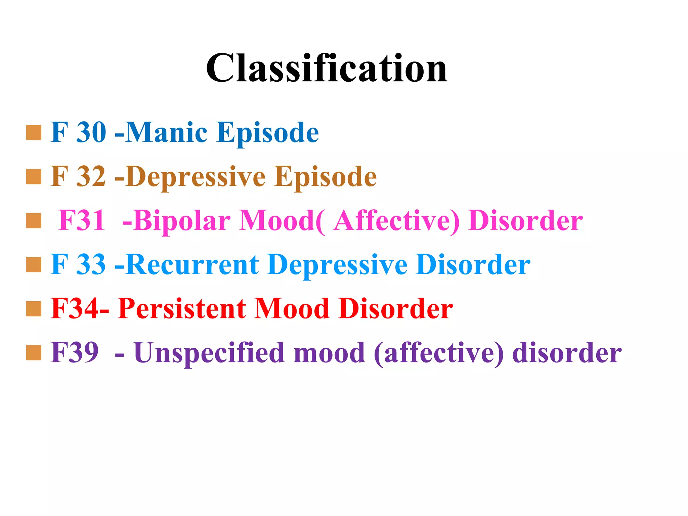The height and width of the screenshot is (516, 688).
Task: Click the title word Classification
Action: (327, 69)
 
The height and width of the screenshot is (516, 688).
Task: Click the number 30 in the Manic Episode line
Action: (91, 132)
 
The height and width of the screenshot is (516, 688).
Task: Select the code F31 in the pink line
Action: (82, 221)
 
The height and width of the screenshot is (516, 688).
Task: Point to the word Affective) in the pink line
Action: (396, 221)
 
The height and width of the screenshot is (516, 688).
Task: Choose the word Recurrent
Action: (193, 265)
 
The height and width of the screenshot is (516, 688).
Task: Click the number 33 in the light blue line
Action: (91, 265)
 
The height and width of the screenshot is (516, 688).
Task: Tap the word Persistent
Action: (182, 309)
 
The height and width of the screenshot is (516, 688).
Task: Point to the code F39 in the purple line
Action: (75, 353)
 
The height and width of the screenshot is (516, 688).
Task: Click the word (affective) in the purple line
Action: (439, 353)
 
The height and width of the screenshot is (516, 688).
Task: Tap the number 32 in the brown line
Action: (91, 177)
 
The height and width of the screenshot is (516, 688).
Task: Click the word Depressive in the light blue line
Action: (337, 265)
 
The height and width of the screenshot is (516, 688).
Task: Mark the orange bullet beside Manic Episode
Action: (34, 133)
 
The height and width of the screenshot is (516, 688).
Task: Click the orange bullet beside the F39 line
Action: (34, 353)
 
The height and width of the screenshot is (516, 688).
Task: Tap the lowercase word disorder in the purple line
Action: (567, 353)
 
